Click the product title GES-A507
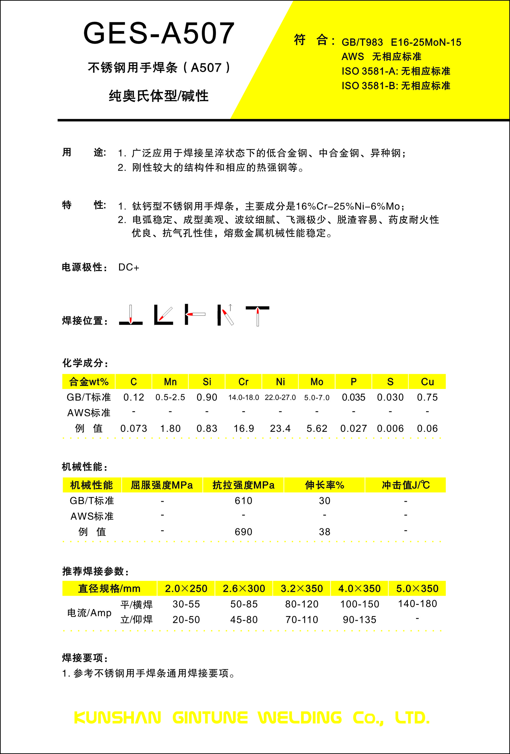pos(159,33)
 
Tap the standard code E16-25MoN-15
pos(425,43)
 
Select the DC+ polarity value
pos(129,267)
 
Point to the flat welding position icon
pos(131,315)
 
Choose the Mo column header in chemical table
pos(316,382)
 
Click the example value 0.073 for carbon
pos(134,429)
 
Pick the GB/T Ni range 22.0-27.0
pos(280,398)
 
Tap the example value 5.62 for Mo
pos(316,429)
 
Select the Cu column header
pos(427,382)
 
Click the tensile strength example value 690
pos(243,532)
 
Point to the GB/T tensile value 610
pos(243,501)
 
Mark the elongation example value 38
pos(324,532)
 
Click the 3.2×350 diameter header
pos(302,589)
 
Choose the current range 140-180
pos(417,604)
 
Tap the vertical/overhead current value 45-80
pos(244,620)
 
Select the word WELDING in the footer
pos(300,718)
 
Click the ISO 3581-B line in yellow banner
pos(395,86)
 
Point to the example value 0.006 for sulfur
pos(390,429)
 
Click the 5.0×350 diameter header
pos(417,589)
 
